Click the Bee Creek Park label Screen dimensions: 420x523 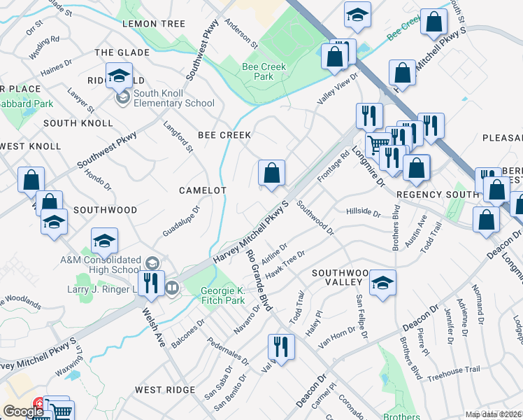pos(258,71)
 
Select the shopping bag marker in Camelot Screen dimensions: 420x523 pos(271,173)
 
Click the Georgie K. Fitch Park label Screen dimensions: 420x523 pos(223,295)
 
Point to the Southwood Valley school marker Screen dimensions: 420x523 pos(382,283)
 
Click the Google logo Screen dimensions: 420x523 pos(24,412)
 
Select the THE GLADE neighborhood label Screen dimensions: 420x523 pos(122,52)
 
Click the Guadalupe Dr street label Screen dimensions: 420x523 pos(181,220)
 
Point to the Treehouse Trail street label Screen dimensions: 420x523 pos(454,370)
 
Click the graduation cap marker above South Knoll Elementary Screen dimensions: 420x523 pos(120,75)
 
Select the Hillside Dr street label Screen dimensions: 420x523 pos(363,212)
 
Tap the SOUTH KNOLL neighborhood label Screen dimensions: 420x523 pos(78,123)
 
